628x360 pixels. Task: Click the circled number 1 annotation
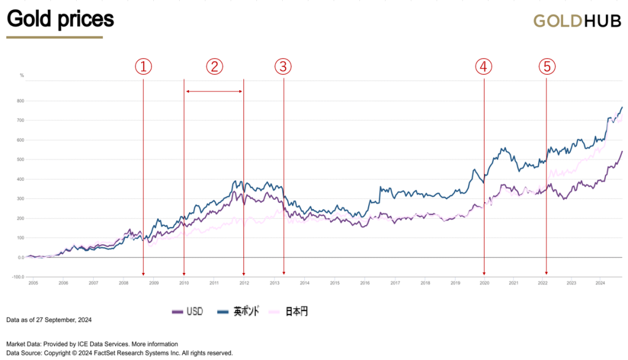(143, 67)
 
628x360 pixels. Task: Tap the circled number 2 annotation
(214, 67)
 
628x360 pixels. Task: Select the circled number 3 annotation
(283, 67)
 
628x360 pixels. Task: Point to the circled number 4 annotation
(484, 67)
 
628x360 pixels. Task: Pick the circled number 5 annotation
(547, 67)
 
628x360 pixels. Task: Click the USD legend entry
(188, 312)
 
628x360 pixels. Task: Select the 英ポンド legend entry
(239, 312)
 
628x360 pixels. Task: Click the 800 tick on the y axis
(20, 101)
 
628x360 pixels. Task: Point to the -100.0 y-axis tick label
(17, 277)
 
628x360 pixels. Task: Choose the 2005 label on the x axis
(33, 283)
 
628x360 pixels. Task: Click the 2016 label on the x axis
(365, 283)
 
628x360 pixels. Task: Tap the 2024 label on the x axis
(600, 283)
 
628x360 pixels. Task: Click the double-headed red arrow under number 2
(214, 91)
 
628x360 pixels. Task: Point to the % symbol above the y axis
(22, 75)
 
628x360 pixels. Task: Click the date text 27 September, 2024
(66, 320)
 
